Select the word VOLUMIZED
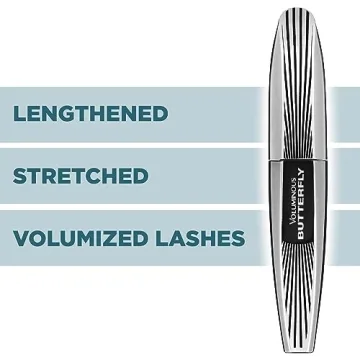coord(86,239)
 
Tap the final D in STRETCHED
coord(141,177)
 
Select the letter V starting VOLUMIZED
coord(23,239)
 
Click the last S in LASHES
coord(237,239)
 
